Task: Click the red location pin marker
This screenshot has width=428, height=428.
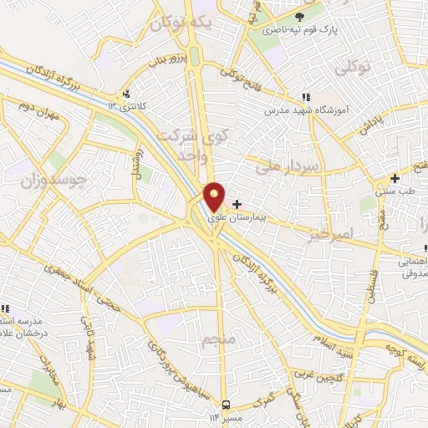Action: tap(215, 197)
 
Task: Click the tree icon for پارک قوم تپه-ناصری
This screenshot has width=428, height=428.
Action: tap(300, 16)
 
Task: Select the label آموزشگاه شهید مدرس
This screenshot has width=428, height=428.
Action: tap(305, 110)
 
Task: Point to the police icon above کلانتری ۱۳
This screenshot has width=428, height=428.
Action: tap(125, 94)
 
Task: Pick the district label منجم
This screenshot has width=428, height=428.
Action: tap(215, 341)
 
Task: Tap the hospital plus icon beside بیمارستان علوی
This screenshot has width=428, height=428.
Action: tap(237, 204)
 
